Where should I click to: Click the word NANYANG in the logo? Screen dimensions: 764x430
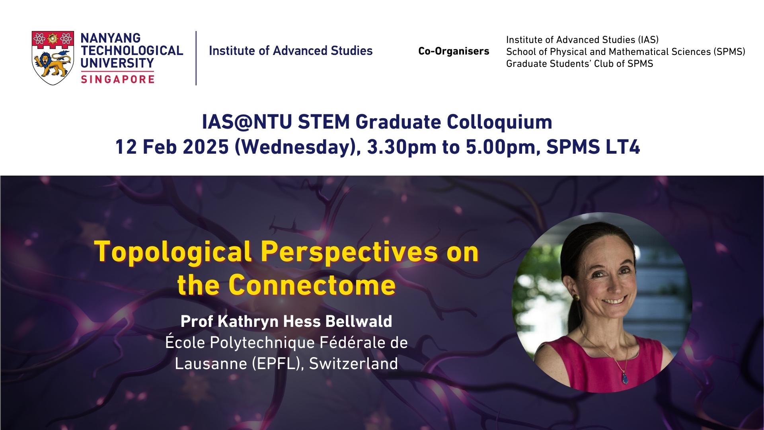[111, 38]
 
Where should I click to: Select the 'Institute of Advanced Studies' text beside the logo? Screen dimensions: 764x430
[290, 51]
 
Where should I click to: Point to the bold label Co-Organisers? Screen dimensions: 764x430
[454, 51]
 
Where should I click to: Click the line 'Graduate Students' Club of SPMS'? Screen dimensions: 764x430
[579, 64]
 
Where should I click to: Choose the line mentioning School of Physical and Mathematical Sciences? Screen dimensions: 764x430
[626, 52]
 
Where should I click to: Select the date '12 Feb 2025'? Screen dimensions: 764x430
[172, 148]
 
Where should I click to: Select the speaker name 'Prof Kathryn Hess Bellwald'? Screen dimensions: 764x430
[286, 321]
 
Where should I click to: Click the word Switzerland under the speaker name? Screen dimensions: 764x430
[353, 364]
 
